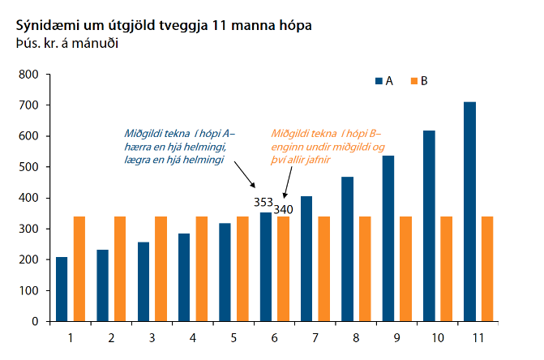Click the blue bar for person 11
pyautogui.click(x=469, y=212)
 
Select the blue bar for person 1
pyautogui.click(x=62, y=289)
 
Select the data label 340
pyautogui.click(x=283, y=209)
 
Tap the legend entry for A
pyautogui.click(x=383, y=81)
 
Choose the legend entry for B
pyautogui.click(x=418, y=81)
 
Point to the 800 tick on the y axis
pyautogui.click(x=29, y=75)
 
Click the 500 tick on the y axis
pyautogui.click(x=29, y=167)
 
